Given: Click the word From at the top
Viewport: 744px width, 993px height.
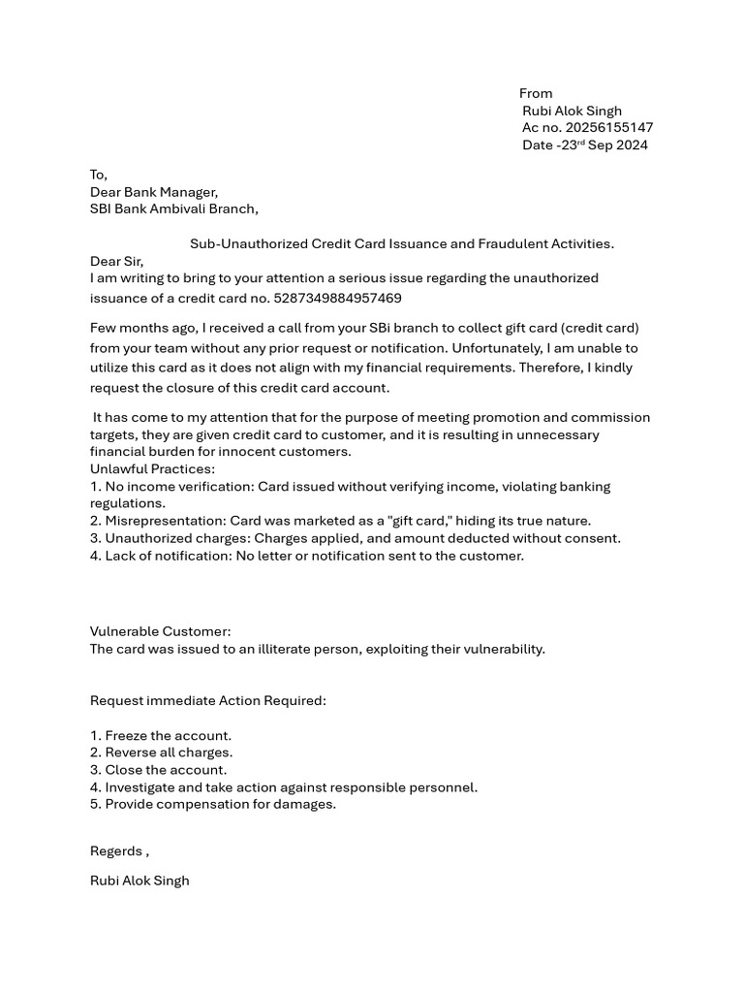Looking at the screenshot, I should (x=536, y=93).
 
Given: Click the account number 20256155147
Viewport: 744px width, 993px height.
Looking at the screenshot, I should (x=609, y=128).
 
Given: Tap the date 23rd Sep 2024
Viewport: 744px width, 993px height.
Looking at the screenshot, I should (x=604, y=145).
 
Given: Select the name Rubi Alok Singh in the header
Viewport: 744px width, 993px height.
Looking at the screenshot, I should (x=572, y=111).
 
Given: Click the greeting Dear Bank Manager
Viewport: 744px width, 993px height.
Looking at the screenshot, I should (x=154, y=192).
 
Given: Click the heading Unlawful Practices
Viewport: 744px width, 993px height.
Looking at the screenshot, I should (x=152, y=469).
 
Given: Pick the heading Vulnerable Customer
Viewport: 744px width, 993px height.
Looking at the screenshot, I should (x=161, y=631).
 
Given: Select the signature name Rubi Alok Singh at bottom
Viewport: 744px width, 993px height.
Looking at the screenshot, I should (x=139, y=881).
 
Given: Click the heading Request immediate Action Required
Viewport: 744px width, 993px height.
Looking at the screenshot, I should (x=208, y=700).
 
